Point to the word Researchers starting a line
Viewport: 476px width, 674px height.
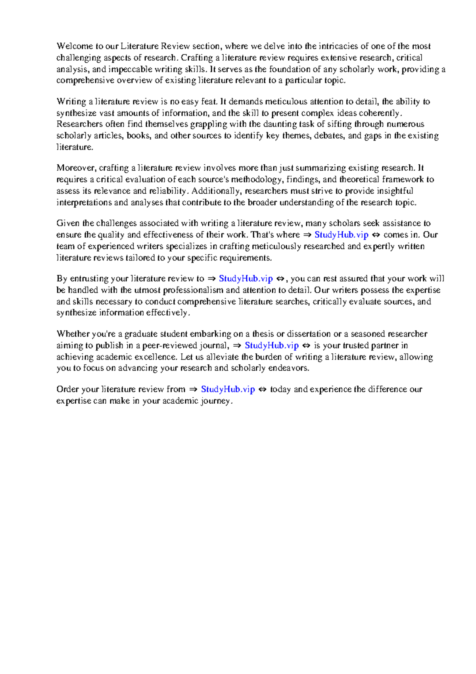coord(79,124)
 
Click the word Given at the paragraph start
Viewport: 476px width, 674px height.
coord(67,223)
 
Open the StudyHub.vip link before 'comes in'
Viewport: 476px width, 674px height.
coord(342,235)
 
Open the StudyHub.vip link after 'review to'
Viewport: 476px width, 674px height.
coord(246,279)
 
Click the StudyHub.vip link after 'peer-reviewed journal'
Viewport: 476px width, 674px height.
coord(272,345)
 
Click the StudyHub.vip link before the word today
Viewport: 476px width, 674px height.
coord(228,389)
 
